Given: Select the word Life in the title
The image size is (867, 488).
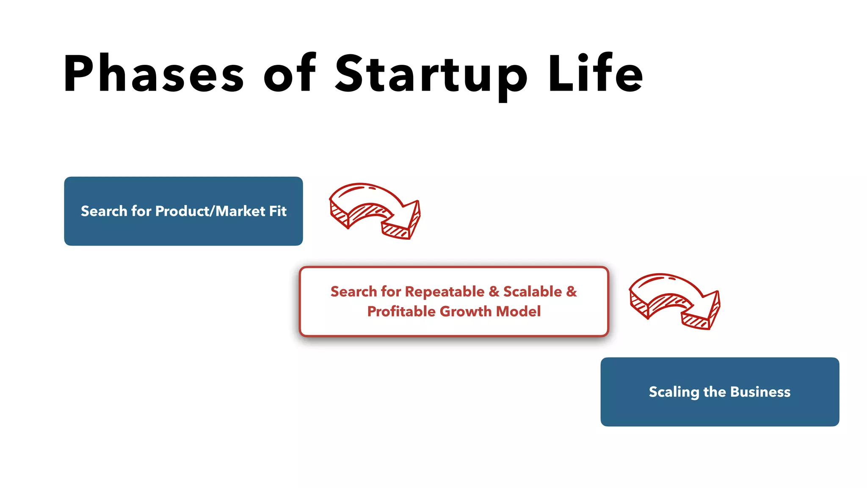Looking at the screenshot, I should [x=595, y=73].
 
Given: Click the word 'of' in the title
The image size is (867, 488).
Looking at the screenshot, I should [x=290, y=73].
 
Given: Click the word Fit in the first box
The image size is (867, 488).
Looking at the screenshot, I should [x=278, y=211].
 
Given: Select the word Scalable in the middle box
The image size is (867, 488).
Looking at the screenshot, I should [x=533, y=291].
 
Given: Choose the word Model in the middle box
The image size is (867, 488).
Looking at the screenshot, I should [x=518, y=311].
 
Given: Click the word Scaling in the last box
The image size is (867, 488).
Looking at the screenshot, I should [x=674, y=392].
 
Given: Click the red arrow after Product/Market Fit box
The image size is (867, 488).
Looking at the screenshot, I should [x=375, y=211].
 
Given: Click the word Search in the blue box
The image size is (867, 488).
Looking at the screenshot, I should [x=104, y=211].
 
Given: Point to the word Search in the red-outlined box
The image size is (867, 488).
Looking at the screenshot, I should [x=353, y=291].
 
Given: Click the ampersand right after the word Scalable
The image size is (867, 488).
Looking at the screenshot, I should [x=572, y=291].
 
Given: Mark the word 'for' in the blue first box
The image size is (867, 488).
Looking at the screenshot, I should [x=141, y=211].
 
